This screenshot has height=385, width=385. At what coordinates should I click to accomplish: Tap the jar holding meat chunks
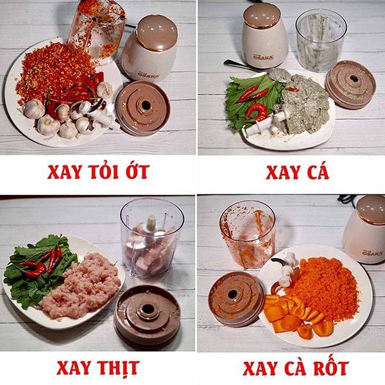click(x=147, y=241)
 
